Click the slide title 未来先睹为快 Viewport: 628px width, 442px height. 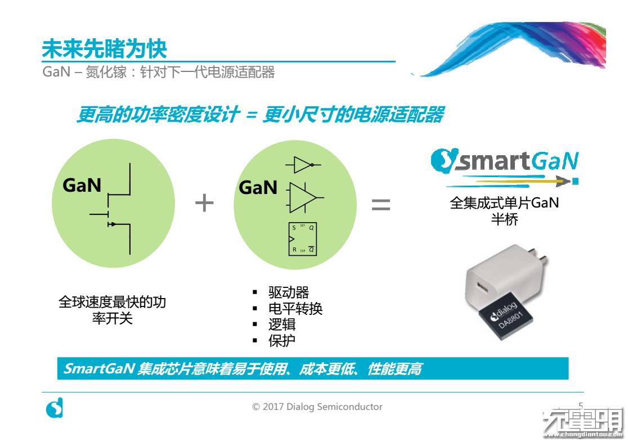coord(104,49)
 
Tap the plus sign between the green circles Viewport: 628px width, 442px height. coord(204,203)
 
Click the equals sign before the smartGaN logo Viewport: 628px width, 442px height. coord(381,204)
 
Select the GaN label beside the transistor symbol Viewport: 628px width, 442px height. coord(82,185)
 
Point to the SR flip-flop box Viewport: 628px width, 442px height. coord(303,239)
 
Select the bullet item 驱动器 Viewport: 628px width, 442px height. coord(289,292)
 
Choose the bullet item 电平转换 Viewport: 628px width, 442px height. coord(295,309)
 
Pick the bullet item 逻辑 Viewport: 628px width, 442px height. coord(282,324)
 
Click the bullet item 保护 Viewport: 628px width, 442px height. coord(282,340)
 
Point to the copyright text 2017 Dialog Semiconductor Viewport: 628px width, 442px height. coord(317,407)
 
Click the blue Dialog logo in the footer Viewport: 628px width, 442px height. coord(54,408)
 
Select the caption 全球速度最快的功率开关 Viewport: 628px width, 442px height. coord(113,310)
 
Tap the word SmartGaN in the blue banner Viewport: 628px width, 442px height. coord(98,369)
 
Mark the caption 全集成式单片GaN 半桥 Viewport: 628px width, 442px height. coord(504,211)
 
